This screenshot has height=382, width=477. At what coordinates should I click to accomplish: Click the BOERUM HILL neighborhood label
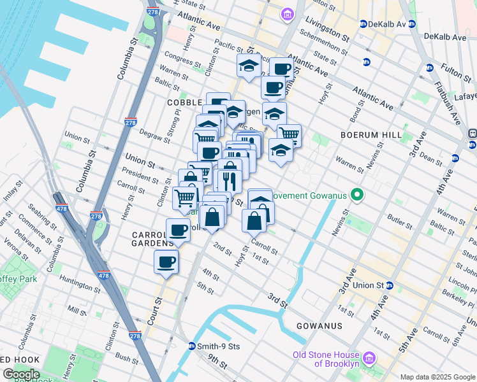pyautogui.click(x=371, y=135)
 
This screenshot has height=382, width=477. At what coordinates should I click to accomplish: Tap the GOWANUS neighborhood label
pyautogui.click(x=319, y=325)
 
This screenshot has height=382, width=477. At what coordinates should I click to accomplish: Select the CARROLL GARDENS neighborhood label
pyautogui.click(x=153, y=239)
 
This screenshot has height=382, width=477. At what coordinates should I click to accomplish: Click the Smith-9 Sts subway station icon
pyautogui.click(x=192, y=346)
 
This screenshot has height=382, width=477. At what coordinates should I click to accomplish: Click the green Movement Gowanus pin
pyautogui.click(x=357, y=195)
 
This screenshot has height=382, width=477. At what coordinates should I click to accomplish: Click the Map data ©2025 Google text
pyautogui.click(x=437, y=377)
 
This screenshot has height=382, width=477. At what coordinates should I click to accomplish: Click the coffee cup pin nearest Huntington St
pyautogui.click(x=166, y=262)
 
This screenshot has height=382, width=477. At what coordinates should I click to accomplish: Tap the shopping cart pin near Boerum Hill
pyautogui.click(x=289, y=134)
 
